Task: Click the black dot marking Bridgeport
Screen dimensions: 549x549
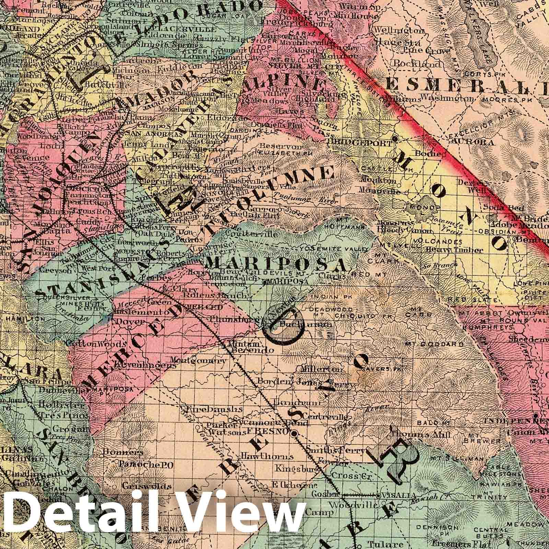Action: point(395,139)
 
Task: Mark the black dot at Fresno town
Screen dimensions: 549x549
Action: point(294,434)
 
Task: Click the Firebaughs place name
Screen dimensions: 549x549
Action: point(215,409)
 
